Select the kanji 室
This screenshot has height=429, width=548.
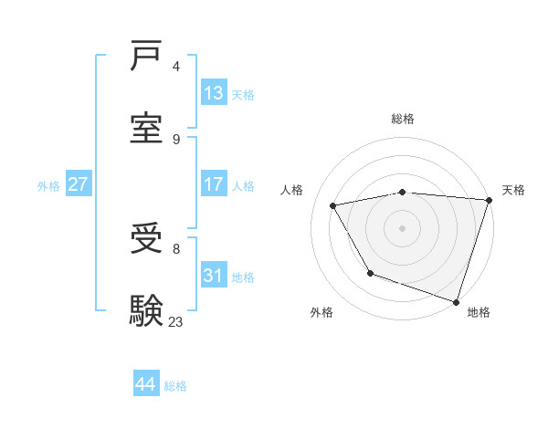(x=147, y=129)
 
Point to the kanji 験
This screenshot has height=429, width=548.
(x=147, y=311)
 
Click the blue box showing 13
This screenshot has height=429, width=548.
(x=214, y=93)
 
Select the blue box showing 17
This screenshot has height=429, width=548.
(x=214, y=184)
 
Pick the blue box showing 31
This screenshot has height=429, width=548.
(x=214, y=276)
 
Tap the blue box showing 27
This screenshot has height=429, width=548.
(x=79, y=184)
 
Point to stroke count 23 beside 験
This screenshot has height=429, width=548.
(x=176, y=321)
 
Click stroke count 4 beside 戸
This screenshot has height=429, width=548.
(x=176, y=66)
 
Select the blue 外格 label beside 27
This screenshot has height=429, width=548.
(x=48, y=185)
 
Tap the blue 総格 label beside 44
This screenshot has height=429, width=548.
(x=175, y=386)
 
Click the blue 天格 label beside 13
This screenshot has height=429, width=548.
(x=243, y=94)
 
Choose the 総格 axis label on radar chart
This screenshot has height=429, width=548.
(x=403, y=119)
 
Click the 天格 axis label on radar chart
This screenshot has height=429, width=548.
(x=513, y=190)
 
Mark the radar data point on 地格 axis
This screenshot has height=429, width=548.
(x=456, y=301)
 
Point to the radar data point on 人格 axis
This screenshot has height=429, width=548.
(x=333, y=206)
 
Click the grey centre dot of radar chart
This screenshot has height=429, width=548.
(x=403, y=228)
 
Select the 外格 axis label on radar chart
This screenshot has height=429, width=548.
(x=321, y=312)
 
